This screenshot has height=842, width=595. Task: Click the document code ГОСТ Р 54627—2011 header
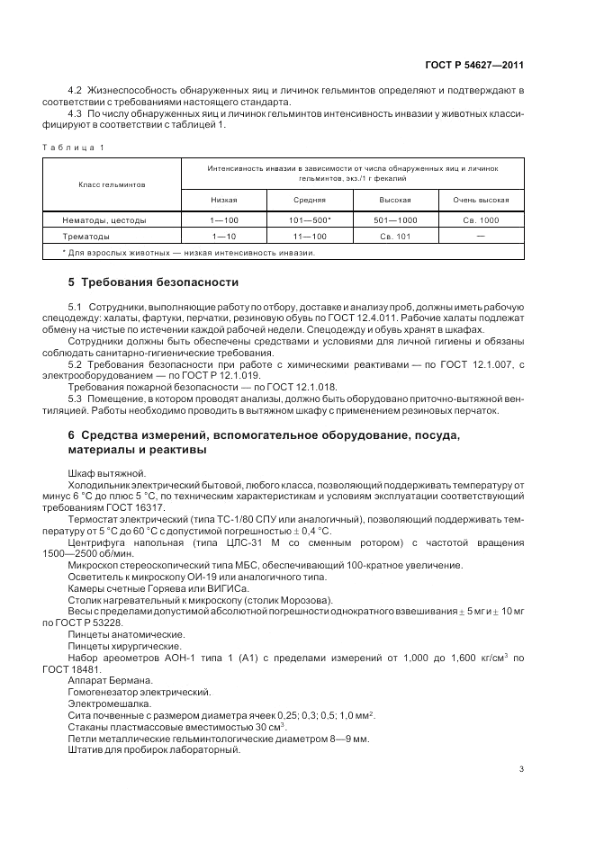[473, 65]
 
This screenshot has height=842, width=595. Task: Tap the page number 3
[522, 769]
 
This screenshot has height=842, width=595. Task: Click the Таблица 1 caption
[74, 147]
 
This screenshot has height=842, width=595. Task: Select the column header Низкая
[224, 200]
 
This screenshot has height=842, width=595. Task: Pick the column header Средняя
[310, 200]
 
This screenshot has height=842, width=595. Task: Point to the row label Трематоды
[86, 236]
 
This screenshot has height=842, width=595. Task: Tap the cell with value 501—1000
[395, 219]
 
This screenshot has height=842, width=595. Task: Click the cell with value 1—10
[224, 236]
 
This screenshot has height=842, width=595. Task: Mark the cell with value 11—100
[310, 236]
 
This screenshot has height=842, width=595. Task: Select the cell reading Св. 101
[395, 236]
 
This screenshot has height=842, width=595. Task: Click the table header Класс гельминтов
[112, 184]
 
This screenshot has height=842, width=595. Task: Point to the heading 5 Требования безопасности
[154, 282]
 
